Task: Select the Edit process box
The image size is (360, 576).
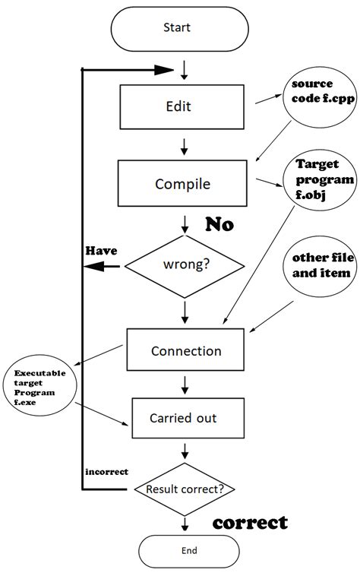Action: point(184,106)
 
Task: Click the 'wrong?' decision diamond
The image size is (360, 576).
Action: point(185,266)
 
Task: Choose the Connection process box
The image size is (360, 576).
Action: point(186,351)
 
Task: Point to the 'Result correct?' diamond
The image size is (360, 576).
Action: point(185,489)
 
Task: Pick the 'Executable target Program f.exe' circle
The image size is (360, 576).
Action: point(39,391)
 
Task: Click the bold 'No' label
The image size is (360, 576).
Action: point(219,225)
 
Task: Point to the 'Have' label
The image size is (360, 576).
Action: point(100,250)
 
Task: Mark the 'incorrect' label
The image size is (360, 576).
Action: point(106,471)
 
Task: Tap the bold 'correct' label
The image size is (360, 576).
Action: point(250,523)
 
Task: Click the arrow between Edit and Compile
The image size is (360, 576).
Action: point(184,144)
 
